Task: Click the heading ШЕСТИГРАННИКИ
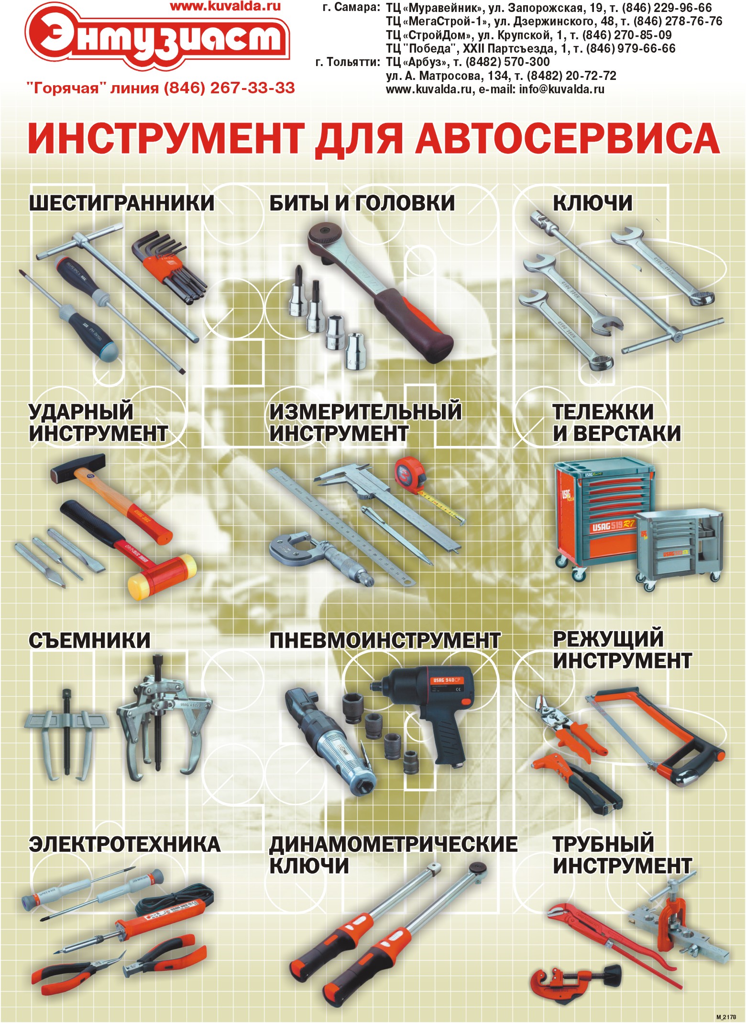(x=121, y=203)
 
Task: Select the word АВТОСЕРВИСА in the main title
(x=567, y=138)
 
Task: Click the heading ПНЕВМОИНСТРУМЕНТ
(x=384, y=641)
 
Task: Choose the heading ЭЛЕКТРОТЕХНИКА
(x=124, y=845)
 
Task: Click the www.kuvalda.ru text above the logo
(x=225, y=6)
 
